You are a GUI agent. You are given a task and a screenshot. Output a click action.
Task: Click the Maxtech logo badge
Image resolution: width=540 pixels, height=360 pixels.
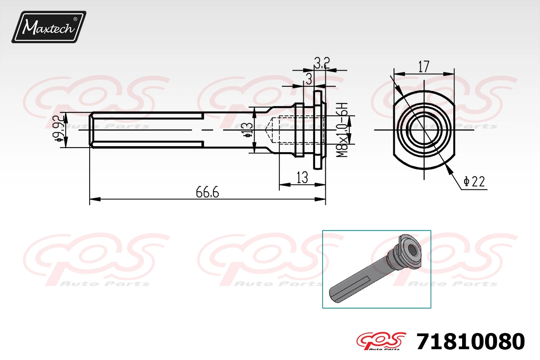click(49, 27)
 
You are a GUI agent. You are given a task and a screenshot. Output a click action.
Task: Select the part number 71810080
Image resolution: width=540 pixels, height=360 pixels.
click(471, 342)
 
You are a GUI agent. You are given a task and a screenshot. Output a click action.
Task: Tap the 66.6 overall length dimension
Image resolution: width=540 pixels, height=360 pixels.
click(207, 192)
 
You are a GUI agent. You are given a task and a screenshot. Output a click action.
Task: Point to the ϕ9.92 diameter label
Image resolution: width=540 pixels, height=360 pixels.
click(58, 129)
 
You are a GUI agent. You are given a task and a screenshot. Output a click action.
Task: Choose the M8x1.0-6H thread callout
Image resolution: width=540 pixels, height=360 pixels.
click(342, 130)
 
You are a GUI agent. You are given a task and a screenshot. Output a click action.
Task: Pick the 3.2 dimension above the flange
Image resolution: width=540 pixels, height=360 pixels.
click(322, 63)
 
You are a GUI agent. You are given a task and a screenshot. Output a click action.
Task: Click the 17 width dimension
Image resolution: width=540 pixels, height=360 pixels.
click(424, 67)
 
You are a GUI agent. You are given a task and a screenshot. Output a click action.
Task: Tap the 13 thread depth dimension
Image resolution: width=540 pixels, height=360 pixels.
click(302, 177)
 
